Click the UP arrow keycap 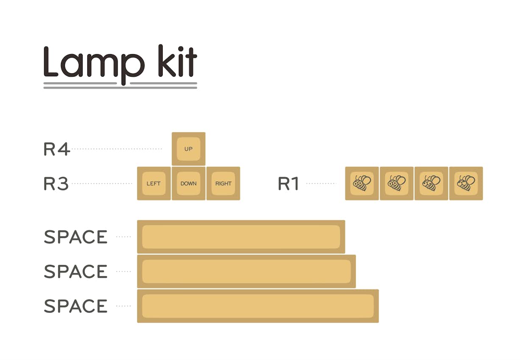(x=189, y=149)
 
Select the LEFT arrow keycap (x=154, y=183)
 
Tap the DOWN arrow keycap (x=189, y=183)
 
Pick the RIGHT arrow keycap (x=223, y=183)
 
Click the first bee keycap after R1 (x=362, y=183)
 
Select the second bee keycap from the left (x=397, y=183)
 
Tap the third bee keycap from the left (x=431, y=183)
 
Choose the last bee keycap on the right (x=466, y=183)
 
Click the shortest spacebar (x=241, y=237)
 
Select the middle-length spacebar (x=246, y=271)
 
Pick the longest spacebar (x=258, y=306)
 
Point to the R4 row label (x=56, y=149)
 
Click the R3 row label (x=56, y=184)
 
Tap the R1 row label (x=289, y=184)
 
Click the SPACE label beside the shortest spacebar (x=76, y=237)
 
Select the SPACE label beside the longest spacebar (x=76, y=306)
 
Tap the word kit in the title (x=177, y=62)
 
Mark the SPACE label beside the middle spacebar (x=76, y=271)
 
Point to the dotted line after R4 (x=117, y=149)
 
